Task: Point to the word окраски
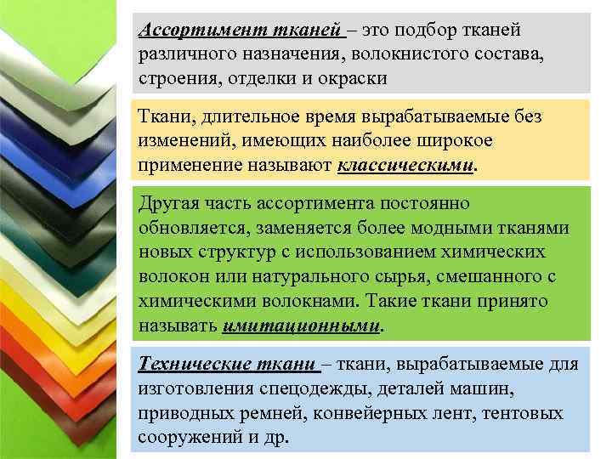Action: [x=348, y=78]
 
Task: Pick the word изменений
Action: [x=183, y=139]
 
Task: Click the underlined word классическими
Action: [x=404, y=164]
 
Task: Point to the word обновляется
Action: [x=192, y=229]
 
